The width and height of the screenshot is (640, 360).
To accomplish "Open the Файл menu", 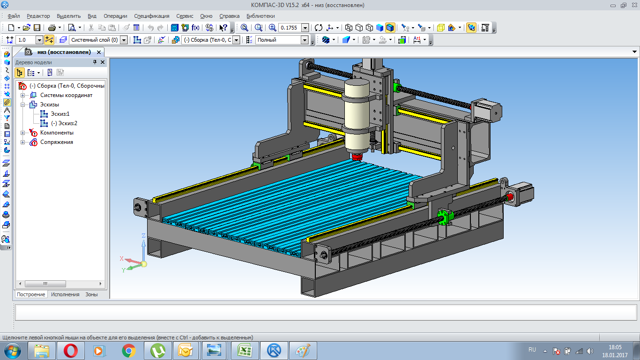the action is coord(14,16).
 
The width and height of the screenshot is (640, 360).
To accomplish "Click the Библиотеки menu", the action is coord(260,16).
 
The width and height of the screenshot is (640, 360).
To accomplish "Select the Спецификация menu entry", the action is coord(152,16).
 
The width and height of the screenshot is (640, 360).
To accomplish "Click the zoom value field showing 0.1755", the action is coord(290,28).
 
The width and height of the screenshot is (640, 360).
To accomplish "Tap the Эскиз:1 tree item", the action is coord(60,114).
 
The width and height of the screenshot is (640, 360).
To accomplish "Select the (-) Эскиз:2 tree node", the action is coord(64,123).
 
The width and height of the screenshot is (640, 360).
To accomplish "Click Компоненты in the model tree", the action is coord(57,133).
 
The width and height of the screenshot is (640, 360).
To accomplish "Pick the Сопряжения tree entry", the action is coord(57,142).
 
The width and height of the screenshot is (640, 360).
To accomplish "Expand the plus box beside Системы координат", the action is coord(22,95).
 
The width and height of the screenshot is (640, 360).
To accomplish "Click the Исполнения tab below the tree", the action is coord(65,294).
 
